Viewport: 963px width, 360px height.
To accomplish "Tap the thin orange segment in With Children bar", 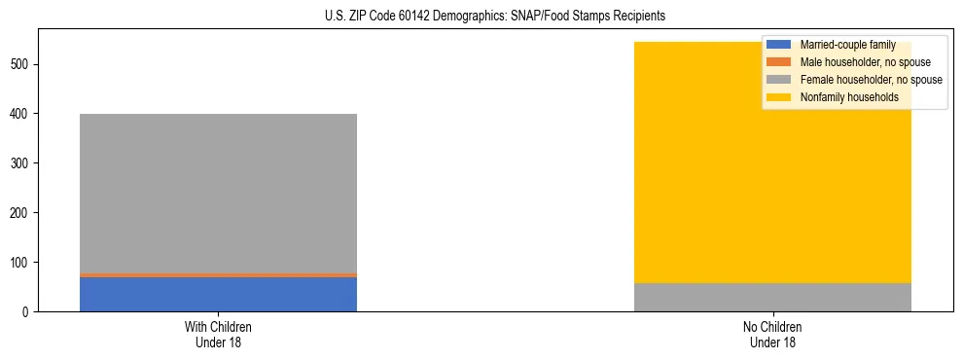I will (x=218, y=275).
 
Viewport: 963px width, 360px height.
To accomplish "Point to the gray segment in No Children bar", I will (x=772, y=297).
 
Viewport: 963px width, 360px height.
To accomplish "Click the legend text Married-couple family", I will (x=847, y=45).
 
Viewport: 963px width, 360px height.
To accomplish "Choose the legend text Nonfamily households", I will (x=842, y=97).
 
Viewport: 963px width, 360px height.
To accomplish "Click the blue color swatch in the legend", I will (x=779, y=45).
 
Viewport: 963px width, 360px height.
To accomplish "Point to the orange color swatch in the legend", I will (x=779, y=62).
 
